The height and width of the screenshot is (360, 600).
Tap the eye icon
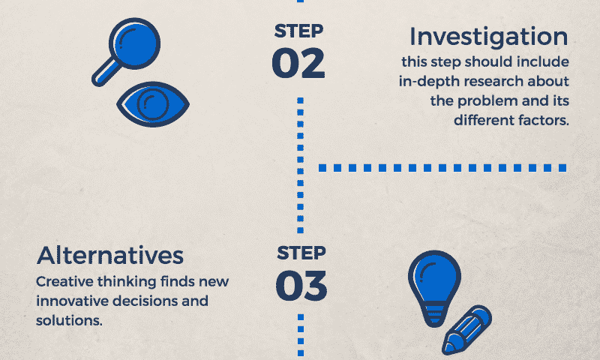(x=153, y=104)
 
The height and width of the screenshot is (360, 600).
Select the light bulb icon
(x=434, y=288)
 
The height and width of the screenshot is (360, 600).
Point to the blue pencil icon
(x=466, y=329)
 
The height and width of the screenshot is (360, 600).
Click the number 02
(x=298, y=63)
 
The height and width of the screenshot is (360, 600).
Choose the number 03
(x=301, y=286)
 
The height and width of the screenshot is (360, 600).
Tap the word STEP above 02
(x=298, y=31)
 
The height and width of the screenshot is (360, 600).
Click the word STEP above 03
(x=301, y=253)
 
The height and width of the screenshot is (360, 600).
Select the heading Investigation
(x=489, y=37)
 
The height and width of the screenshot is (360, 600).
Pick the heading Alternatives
(x=110, y=255)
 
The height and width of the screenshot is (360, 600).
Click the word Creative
(x=64, y=281)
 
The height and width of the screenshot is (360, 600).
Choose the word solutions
(x=69, y=320)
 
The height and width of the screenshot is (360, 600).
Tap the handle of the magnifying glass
(x=105, y=73)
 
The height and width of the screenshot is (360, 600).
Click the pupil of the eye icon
(x=153, y=103)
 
